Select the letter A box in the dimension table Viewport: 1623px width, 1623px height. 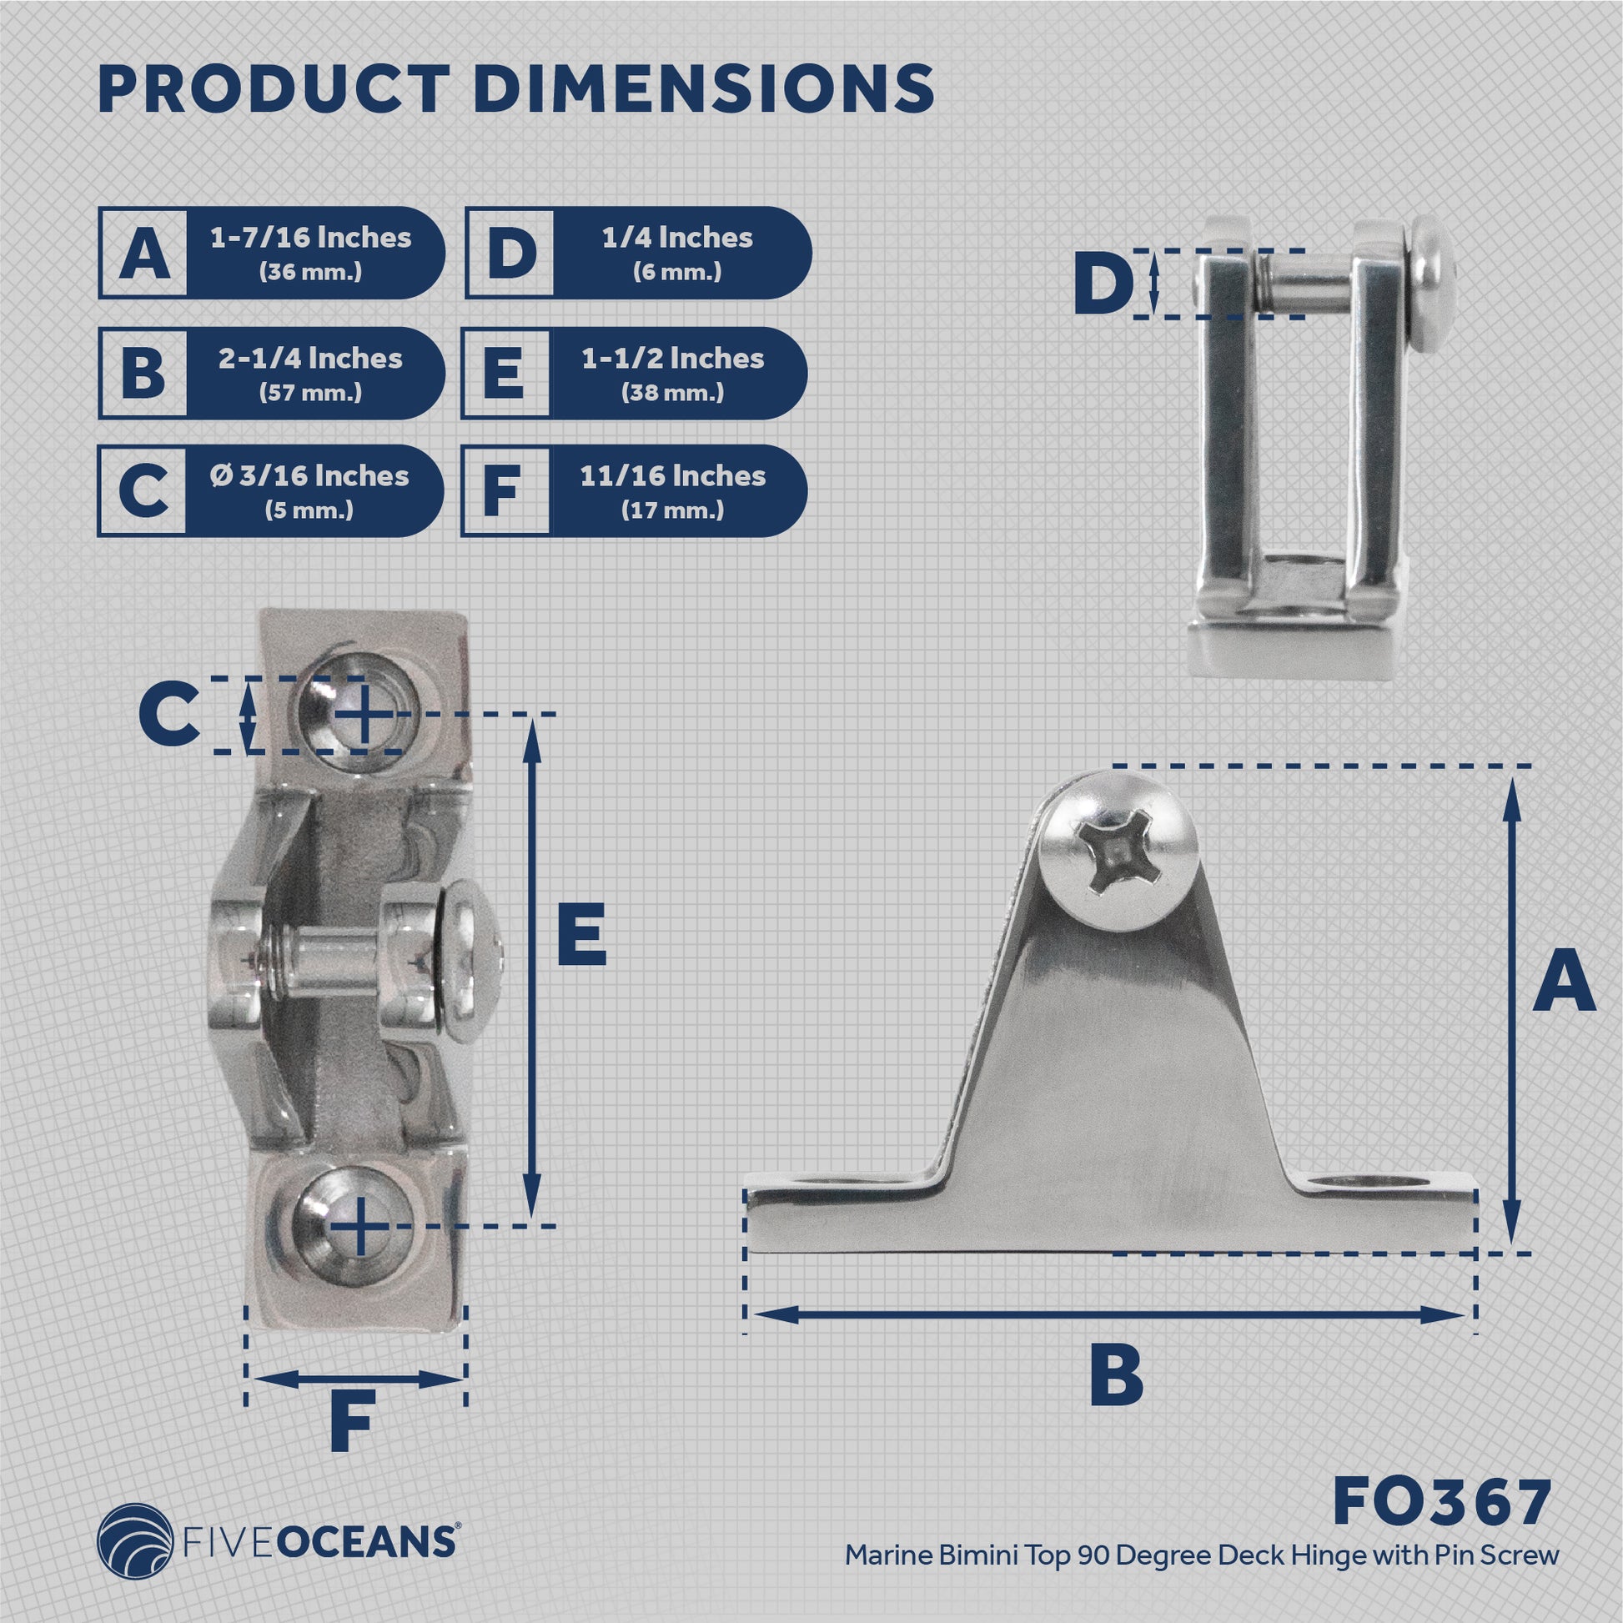pos(143,253)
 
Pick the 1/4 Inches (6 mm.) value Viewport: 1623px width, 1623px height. pos(677,252)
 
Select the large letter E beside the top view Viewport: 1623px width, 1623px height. pos(581,934)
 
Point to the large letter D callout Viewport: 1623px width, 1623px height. pos(1103,284)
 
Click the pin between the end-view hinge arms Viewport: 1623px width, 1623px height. pos(1303,283)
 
